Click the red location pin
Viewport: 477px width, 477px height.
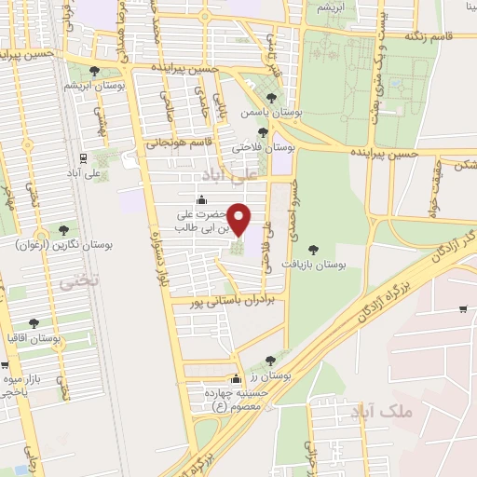tap(239, 219)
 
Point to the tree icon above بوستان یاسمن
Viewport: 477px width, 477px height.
tap(271, 97)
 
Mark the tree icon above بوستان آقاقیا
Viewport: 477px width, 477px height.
tap(34, 323)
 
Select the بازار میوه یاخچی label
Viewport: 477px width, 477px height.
tap(21, 387)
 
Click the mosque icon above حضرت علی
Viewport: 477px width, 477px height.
tap(202, 199)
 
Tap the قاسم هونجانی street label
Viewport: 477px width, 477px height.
tap(182, 143)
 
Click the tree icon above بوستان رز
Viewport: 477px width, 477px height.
tap(270, 361)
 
